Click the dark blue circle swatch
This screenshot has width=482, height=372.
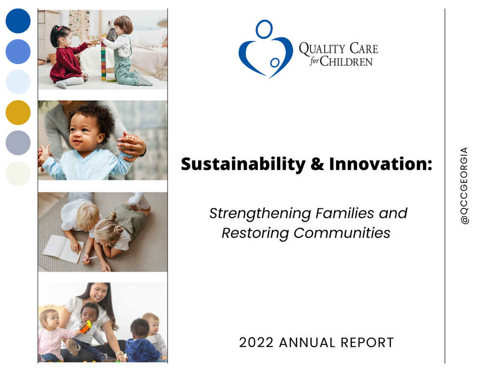[18, 21]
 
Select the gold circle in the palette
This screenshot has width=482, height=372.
[18, 113]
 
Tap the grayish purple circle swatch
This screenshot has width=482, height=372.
[18, 142]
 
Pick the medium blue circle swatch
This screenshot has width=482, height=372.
[18, 51]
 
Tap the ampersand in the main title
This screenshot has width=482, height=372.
[317, 164]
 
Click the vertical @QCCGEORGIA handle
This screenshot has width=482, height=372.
[464, 186]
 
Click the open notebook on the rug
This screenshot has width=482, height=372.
[63, 249]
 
